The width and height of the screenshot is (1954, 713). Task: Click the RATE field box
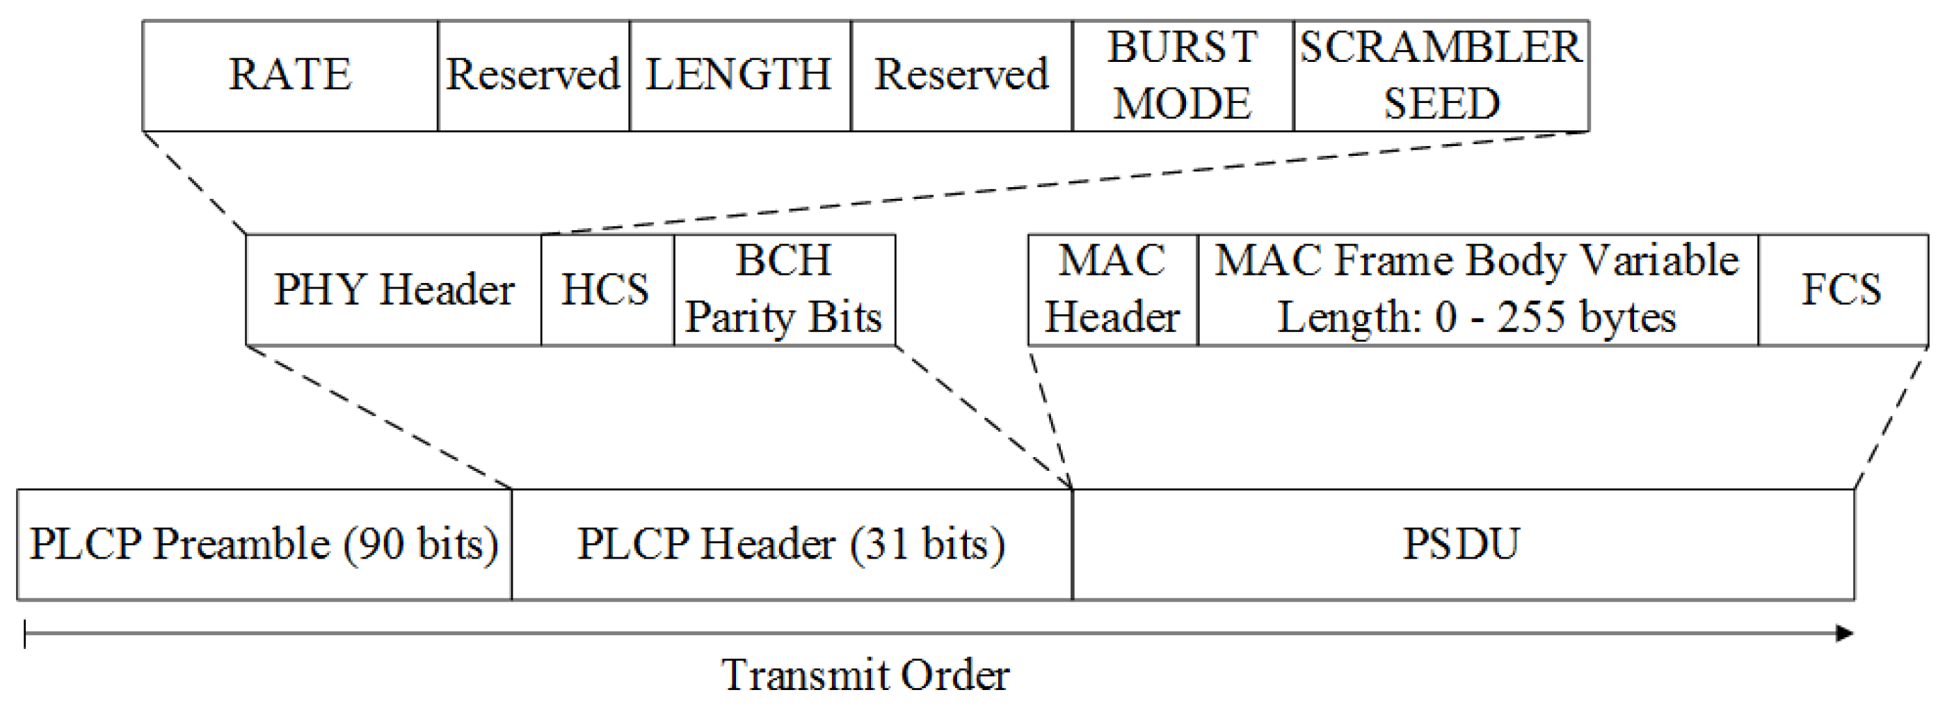[x=290, y=76]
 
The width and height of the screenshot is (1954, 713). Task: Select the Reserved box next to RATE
[x=534, y=76]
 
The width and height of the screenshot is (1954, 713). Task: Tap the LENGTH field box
[x=739, y=76]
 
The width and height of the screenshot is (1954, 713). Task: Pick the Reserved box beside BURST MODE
[x=961, y=76]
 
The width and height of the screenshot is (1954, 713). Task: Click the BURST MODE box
[x=1182, y=76]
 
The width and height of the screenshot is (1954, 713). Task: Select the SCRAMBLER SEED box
[x=1441, y=76]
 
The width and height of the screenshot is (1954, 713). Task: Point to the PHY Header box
[x=393, y=290]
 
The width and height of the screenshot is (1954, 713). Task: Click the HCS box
[x=606, y=290]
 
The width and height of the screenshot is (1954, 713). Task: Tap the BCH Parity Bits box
[x=783, y=290]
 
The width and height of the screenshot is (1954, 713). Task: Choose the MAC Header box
[x=1112, y=290]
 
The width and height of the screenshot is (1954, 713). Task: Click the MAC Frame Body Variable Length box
[x=1476, y=290]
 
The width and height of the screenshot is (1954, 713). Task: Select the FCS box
[x=1842, y=290]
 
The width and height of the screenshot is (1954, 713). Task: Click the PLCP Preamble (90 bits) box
[x=264, y=545]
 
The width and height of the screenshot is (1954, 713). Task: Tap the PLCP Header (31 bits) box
[x=791, y=545]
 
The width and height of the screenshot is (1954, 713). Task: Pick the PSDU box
[x=1462, y=545]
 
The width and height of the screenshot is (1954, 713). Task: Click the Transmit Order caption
[x=865, y=674]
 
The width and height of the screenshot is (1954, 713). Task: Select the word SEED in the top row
[x=1441, y=104]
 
